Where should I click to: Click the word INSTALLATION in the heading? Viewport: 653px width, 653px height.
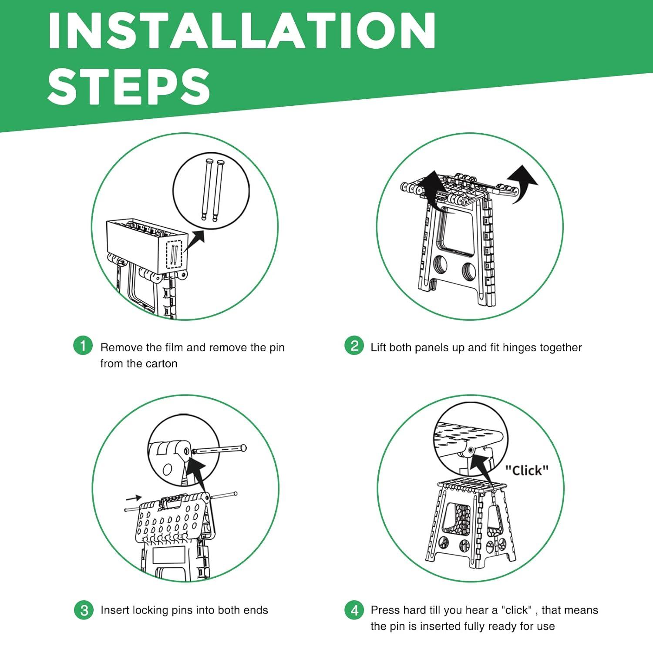coord(242,30)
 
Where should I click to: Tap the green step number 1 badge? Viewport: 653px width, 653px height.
coord(83,346)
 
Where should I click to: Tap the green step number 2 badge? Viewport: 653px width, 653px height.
coord(354,346)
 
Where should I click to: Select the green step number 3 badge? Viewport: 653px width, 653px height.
coord(84,610)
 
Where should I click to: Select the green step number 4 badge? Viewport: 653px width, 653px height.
coord(354,610)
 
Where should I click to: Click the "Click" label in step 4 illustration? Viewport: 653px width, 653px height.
coord(527,470)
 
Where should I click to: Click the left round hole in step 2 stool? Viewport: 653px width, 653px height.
coord(442,265)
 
